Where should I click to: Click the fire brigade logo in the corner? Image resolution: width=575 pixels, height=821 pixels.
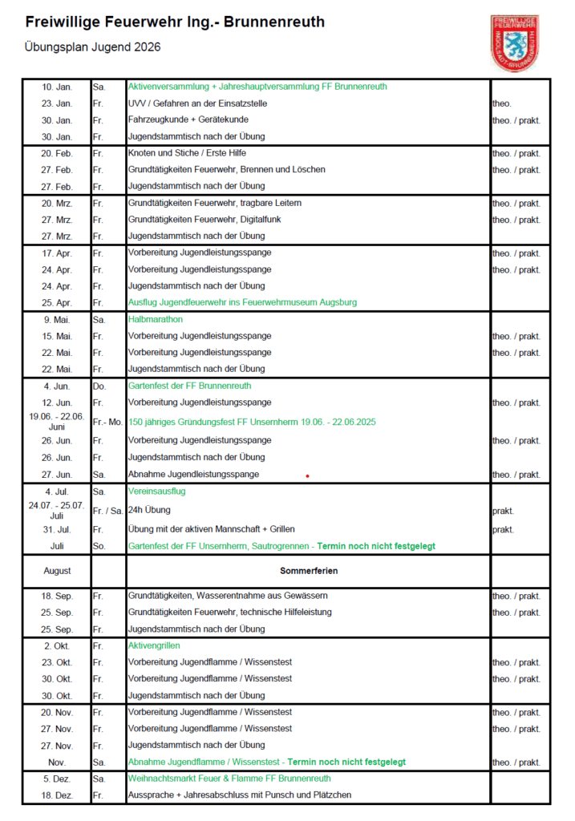pyautogui.click(x=514, y=42)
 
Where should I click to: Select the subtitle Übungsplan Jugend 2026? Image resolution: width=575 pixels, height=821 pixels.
pyautogui.click(x=93, y=47)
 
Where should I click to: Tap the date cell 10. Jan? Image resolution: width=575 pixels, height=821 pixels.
pyautogui.click(x=57, y=87)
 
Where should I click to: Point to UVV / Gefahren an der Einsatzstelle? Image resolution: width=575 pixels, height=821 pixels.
pyautogui.click(x=197, y=103)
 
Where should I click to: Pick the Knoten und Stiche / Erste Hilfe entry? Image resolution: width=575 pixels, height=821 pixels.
pyautogui.click(x=187, y=153)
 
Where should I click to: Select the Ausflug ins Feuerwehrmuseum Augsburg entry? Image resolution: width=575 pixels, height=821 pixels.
pyautogui.click(x=242, y=302)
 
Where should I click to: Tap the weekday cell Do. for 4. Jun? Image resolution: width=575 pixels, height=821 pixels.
pyautogui.click(x=99, y=386)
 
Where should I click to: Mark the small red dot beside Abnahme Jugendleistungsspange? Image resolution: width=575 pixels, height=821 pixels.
pyautogui.click(x=307, y=476)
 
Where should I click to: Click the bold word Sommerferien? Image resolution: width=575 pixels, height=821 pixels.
pyautogui.click(x=309, y=571)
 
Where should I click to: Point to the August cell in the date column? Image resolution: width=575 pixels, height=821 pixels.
pyautogui.click(x=57, y=571)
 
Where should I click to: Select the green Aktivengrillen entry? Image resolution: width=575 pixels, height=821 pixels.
pyautogui.click(x=154, y=645)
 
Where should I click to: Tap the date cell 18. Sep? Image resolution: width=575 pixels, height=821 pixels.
pyautogui.click(x=57, y=596)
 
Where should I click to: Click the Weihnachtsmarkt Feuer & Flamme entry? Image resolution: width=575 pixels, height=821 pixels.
pyautogui.click(x=229, y=779)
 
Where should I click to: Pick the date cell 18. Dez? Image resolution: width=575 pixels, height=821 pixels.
pyautogui.click(x=57, y=795)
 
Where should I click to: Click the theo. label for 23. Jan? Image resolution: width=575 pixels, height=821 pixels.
pyautogui.click(x=502, y=103)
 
